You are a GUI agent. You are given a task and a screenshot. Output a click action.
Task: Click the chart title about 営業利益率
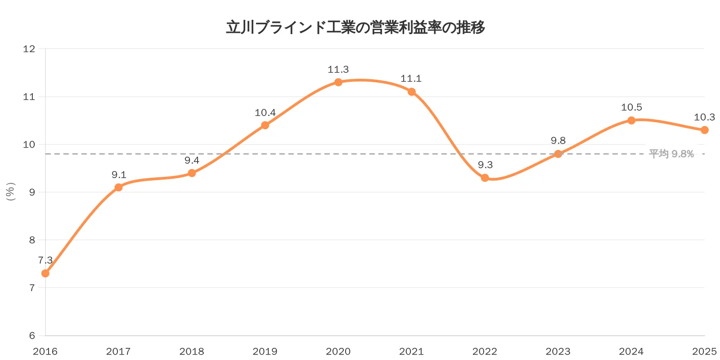(355, 27)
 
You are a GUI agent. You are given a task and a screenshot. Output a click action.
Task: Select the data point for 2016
(45, 273)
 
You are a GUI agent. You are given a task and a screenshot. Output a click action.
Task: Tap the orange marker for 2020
(338, 82)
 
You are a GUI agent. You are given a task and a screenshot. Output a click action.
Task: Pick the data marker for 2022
(485, 178)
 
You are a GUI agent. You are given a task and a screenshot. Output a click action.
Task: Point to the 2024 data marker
(631, 120)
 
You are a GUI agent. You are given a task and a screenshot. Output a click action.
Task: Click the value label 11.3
(338, 69)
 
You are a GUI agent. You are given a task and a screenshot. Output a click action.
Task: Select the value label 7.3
(45, 260)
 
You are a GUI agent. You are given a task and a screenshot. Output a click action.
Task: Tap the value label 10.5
(631, 107)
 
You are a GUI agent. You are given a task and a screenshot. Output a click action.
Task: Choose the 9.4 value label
(192, 160)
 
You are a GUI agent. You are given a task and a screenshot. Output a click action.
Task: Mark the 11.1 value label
(411, 79)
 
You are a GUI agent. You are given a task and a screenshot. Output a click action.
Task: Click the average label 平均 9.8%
(671, 154)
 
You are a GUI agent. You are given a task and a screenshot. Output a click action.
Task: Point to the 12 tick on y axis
(29, 49)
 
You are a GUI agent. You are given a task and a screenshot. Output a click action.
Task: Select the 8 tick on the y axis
(32, 240)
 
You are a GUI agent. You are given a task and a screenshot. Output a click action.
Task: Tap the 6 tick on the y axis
(32, 335)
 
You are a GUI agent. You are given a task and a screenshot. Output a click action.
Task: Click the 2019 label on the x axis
(265, 351)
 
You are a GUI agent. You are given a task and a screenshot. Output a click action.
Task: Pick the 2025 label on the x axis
(704, 351)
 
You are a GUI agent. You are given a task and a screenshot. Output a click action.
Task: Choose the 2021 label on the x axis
(411, 351)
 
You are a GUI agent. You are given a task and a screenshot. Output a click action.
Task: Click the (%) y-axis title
(11, 192)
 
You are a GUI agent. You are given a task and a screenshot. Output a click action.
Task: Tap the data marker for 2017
(118, 187)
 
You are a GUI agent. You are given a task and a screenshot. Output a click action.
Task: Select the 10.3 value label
(704, 117)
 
